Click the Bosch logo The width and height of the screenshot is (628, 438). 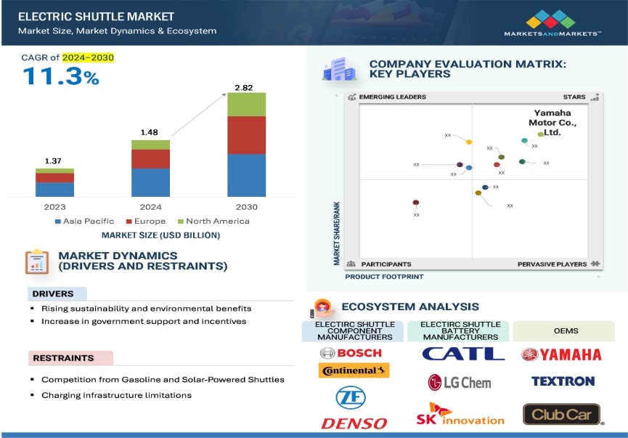350,353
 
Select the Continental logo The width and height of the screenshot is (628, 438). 354,370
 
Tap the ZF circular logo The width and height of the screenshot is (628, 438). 351,397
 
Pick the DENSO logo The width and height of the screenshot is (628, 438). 354,422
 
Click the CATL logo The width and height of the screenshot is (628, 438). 462,354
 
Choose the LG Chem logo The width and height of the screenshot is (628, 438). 459,382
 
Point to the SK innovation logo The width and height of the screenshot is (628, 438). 460,415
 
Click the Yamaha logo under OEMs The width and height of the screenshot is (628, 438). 561,354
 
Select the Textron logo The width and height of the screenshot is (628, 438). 562,381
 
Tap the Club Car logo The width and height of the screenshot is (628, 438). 561,415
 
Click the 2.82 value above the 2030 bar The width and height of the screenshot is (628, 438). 245,87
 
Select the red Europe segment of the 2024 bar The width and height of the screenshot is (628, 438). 150,159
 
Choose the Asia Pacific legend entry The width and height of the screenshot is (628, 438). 84,221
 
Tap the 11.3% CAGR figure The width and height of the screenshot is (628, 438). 61,76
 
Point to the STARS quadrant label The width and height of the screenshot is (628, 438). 574,97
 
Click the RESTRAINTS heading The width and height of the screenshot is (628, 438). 63,358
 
